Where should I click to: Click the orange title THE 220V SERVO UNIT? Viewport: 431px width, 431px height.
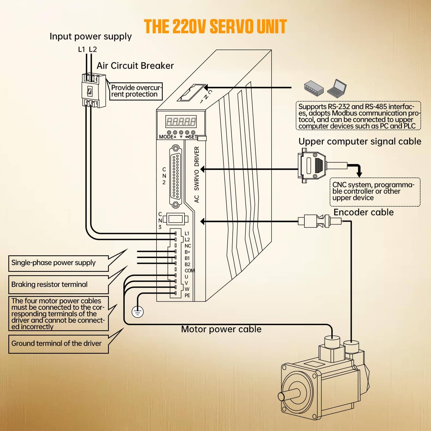click(x=215, y=26)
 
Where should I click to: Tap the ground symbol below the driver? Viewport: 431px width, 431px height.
click(x=137, y=312)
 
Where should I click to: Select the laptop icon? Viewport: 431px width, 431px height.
click(x=337, y=88)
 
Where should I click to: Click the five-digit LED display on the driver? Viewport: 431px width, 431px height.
click(x=181, y=122)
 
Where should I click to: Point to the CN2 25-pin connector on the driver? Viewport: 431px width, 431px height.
click(x=176, y=176)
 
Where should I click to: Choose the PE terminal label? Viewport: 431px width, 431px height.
click(x=187, y=296)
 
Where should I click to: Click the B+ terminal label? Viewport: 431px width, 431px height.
click(x=187, y=252)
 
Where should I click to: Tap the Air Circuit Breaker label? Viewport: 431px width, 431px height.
click(x=135, y=66)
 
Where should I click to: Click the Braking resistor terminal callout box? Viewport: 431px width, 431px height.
click(x=58, y=284)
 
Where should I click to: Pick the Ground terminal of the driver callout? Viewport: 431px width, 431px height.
click(x=58, y=343)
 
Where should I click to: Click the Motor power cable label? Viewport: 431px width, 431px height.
click(x=221, y=329)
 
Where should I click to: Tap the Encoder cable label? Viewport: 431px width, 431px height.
click(x=363, y=212)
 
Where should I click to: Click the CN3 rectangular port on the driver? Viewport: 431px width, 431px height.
click(x=176, y=219)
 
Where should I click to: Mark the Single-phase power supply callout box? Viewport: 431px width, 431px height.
click(x=58, y=263)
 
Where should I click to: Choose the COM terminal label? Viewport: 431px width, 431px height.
click(x=189, y=271)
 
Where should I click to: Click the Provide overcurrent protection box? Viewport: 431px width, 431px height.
click(x=136, y=91)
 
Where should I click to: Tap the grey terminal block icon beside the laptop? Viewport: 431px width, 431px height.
click(x=314, y=88)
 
